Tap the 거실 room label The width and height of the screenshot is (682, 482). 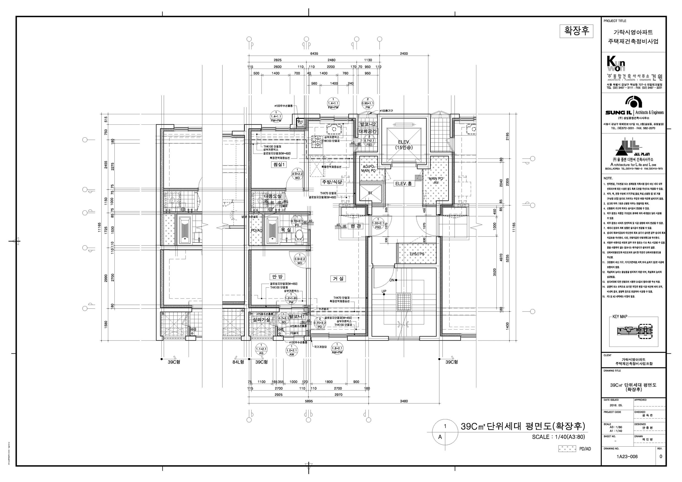338,278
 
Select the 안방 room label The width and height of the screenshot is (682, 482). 277,277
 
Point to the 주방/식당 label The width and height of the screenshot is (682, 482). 332,182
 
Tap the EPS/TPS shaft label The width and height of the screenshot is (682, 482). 417,254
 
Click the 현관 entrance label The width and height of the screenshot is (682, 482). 356,226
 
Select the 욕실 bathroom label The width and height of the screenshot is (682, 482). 286,229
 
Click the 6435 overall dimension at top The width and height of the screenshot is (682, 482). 314,54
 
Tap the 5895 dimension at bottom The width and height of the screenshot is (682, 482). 309,401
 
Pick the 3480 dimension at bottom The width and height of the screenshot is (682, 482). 404,401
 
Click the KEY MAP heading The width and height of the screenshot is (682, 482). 620,317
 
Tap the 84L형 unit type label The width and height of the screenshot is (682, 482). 238,362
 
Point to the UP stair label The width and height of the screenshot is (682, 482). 384,291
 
